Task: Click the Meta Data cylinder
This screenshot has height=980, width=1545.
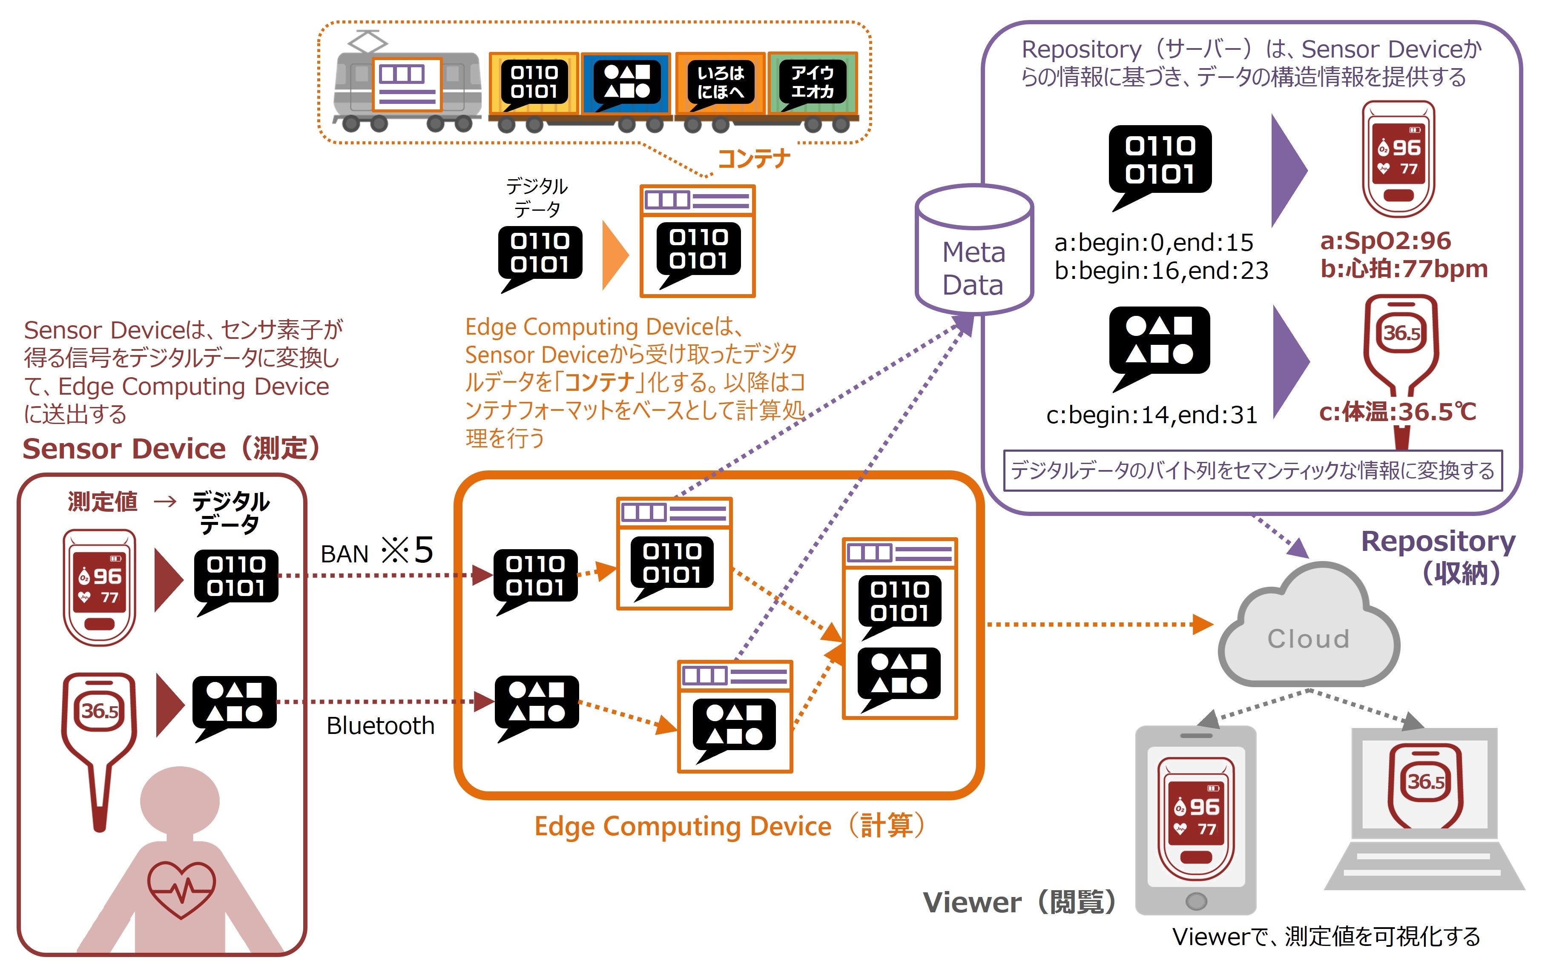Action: pos(974,250)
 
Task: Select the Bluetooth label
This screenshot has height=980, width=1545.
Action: pos(380,726)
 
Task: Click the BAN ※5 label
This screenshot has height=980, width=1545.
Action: pos(377,552)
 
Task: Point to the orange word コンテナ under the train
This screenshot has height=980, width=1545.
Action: pos(753,158)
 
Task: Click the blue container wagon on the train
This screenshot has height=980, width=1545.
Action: pos(626,85)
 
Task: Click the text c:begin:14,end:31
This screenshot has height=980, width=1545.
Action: pos(1151,415)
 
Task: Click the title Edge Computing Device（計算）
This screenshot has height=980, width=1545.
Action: pos(730,826)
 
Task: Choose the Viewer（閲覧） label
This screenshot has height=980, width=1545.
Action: pos(1020,903)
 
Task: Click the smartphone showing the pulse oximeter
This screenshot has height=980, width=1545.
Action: pos(1195,821)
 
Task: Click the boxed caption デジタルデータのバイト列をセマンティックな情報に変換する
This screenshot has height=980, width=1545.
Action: pos(1252,471)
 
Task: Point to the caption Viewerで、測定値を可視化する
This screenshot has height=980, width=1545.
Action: pos(1326,937)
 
